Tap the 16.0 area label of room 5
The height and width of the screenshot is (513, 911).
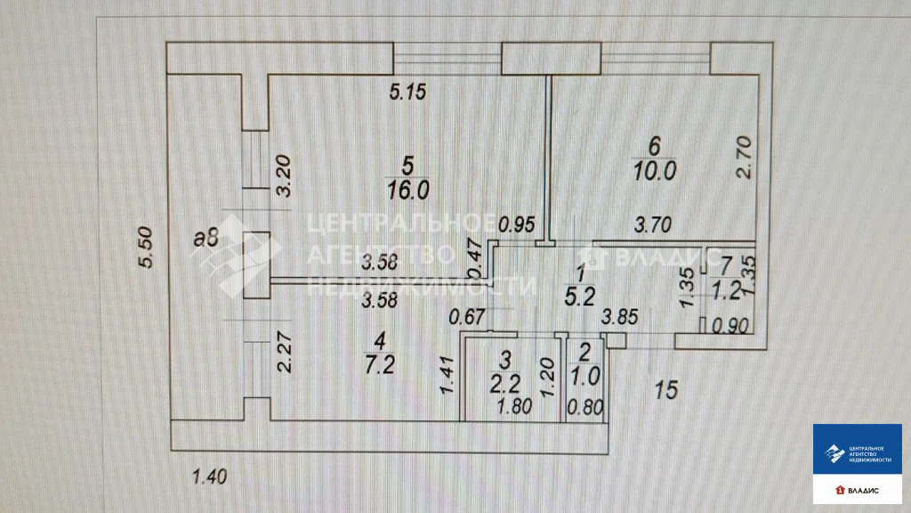408,189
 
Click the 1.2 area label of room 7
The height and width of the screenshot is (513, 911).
727,289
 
